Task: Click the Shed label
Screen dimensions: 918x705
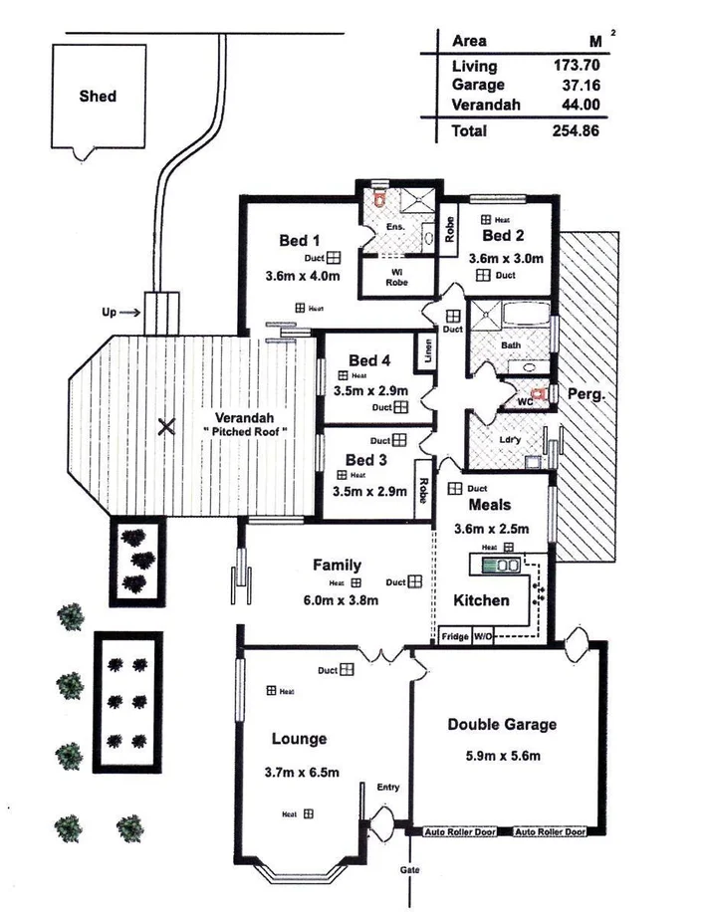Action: pos(98,97)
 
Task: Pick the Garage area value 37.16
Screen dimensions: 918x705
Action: pos(580,86)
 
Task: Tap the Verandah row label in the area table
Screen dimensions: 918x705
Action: pos(486,105)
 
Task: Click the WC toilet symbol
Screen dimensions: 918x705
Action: pos(540,394)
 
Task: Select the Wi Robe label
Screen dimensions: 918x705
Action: pos(396,276)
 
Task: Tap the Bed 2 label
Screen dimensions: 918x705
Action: pos(503,236)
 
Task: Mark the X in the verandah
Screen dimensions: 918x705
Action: pos(166,428)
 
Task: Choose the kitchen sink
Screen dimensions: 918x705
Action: pos(503,566)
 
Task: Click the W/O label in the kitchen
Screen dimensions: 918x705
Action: pos(482,634)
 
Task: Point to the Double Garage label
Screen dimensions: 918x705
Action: pos(501,725)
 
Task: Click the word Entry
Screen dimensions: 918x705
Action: pos(387,788)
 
